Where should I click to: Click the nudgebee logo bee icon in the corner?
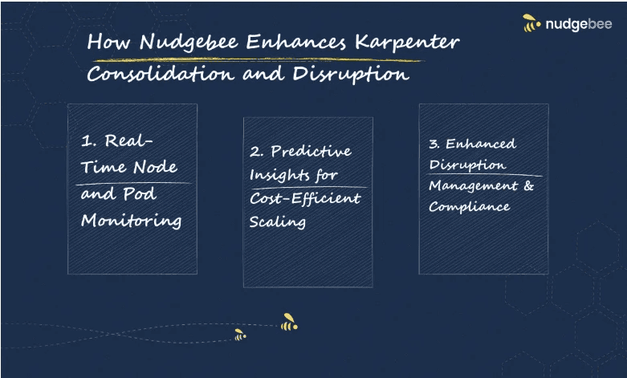point(531,24)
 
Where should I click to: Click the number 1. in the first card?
point(88,142)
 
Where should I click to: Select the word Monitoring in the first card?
point(131,221)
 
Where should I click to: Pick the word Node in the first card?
point(156,168)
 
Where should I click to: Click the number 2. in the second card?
point(256,151)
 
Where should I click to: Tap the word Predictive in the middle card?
point(311,151)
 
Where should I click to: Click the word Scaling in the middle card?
point(277,222)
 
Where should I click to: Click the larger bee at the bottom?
point(289,323)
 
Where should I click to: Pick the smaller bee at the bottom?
point(239,335)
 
